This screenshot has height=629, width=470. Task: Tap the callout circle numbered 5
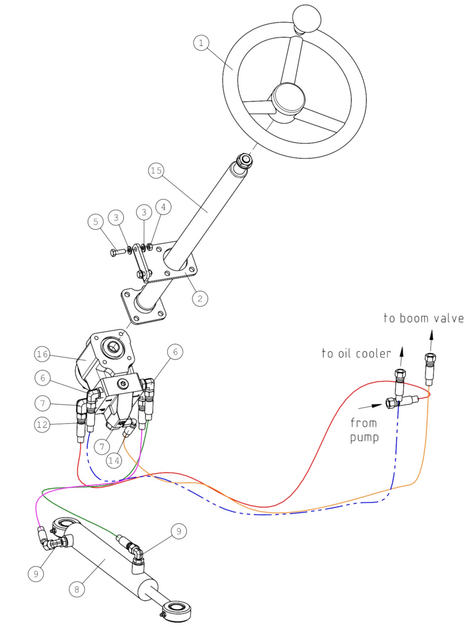point(96,221)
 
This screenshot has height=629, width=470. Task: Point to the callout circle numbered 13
point(41,404)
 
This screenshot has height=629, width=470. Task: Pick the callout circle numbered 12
point(41,424)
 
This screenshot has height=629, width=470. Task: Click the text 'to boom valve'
point(424,319)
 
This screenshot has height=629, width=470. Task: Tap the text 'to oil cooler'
point(356,353)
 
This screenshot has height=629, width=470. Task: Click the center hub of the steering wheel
point(288,98)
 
